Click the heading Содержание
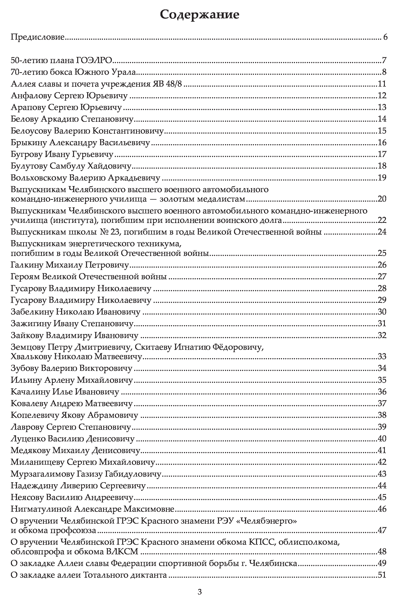point(200,15)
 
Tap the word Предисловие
point(38,37)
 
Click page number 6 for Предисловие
point(385,37)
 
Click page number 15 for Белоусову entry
point(382,131)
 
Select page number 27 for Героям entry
point(382,277)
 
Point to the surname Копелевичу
point(35,415)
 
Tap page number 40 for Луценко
point(382,439)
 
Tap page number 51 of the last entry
point(382,575)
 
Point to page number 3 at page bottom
point(200,592)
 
